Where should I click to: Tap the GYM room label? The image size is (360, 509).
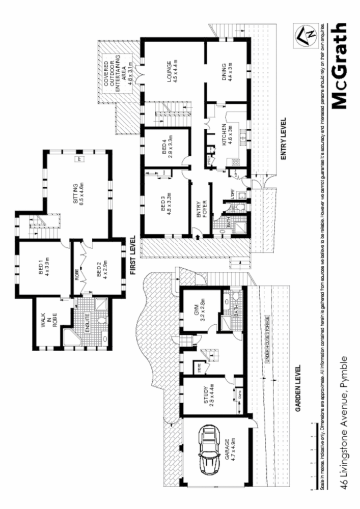pos(199,307)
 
